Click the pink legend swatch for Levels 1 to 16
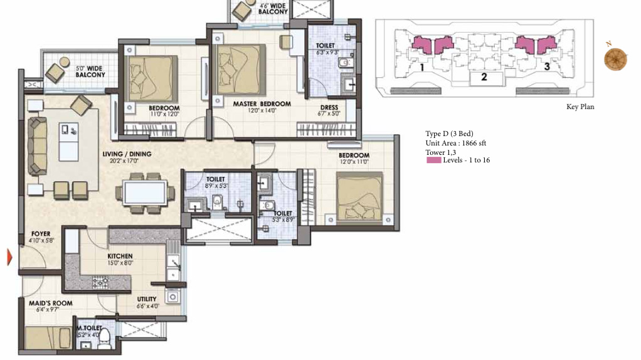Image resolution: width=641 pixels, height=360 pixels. pyautogui.click(x=433, y=161)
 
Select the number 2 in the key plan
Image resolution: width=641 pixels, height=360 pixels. pyautogui.click(x=484, y=78)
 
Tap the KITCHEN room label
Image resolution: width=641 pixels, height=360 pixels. pyautogui.click(x=119, y=256)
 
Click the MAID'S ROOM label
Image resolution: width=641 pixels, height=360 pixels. pyautogui.click(x=50, y=304)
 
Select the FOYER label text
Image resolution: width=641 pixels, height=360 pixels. pyautogui.click(x=40, y=234)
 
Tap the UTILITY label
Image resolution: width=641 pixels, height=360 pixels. pyautogui.click(x=147, y=299)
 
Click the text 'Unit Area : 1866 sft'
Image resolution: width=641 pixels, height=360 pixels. pyautogui.click(x=455, y=143)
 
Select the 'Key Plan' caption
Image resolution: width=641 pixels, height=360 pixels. pyautogui.click(x=580, y=107)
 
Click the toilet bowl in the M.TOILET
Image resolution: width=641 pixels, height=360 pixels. pyautogui.click(x=105, y=339)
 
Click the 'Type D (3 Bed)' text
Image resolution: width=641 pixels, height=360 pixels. pyautogui.click(x=448, y=134)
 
